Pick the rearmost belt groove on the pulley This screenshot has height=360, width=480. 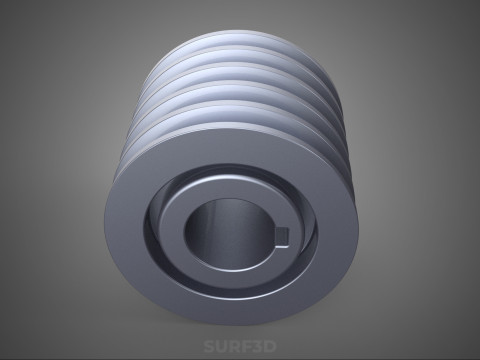coord(233,50)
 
